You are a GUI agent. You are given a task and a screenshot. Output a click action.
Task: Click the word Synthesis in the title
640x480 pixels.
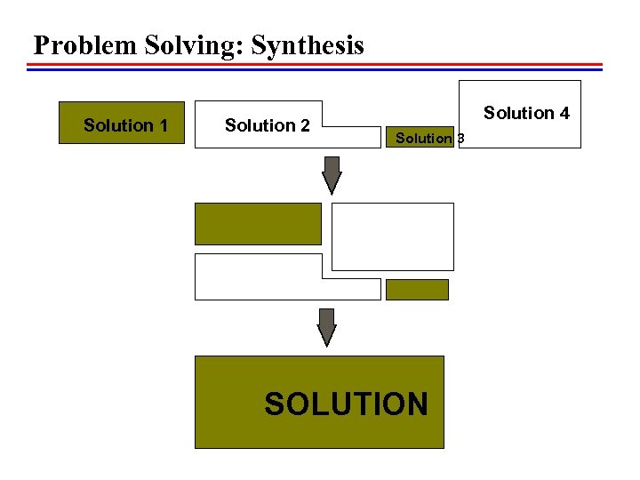click(308, 45)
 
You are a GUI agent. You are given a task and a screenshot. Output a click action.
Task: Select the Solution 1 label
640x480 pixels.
click(125, 125)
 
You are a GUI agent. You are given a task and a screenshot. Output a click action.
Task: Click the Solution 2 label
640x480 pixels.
click(267, 125)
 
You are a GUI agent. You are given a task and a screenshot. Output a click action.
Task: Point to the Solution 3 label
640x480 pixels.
click(428, 138)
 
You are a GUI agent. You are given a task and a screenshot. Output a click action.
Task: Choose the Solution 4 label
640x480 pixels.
click(526, 113)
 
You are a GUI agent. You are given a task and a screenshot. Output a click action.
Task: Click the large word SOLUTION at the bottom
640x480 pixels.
click(346, 404)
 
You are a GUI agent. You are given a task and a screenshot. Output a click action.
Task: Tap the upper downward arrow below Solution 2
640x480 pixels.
click(332, 175)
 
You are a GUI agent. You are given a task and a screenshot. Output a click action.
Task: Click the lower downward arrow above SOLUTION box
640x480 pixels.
click(327, 327)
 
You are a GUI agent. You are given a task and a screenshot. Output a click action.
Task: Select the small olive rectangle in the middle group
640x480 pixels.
click(417, 290)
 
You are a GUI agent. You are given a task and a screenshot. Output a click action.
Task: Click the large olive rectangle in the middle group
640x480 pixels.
click(258, 223)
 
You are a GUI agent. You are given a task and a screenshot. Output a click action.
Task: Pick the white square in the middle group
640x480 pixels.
click(392, 236)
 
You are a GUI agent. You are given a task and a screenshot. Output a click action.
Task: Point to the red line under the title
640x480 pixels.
click(316, 64)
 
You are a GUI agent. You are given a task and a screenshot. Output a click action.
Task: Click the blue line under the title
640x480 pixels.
click(316, 69)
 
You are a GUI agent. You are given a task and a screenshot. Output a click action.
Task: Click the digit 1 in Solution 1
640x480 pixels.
click(163, 125)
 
